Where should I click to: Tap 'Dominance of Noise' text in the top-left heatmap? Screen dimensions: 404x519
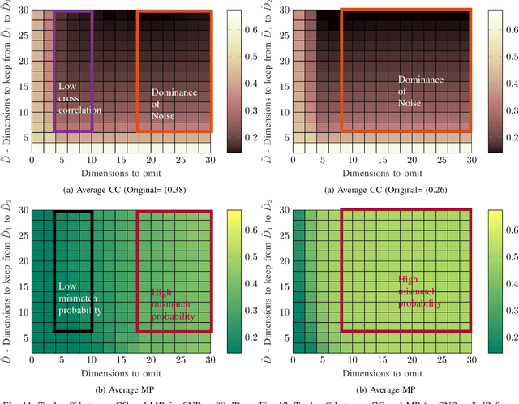pyautogui.click(x=174, y=104)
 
